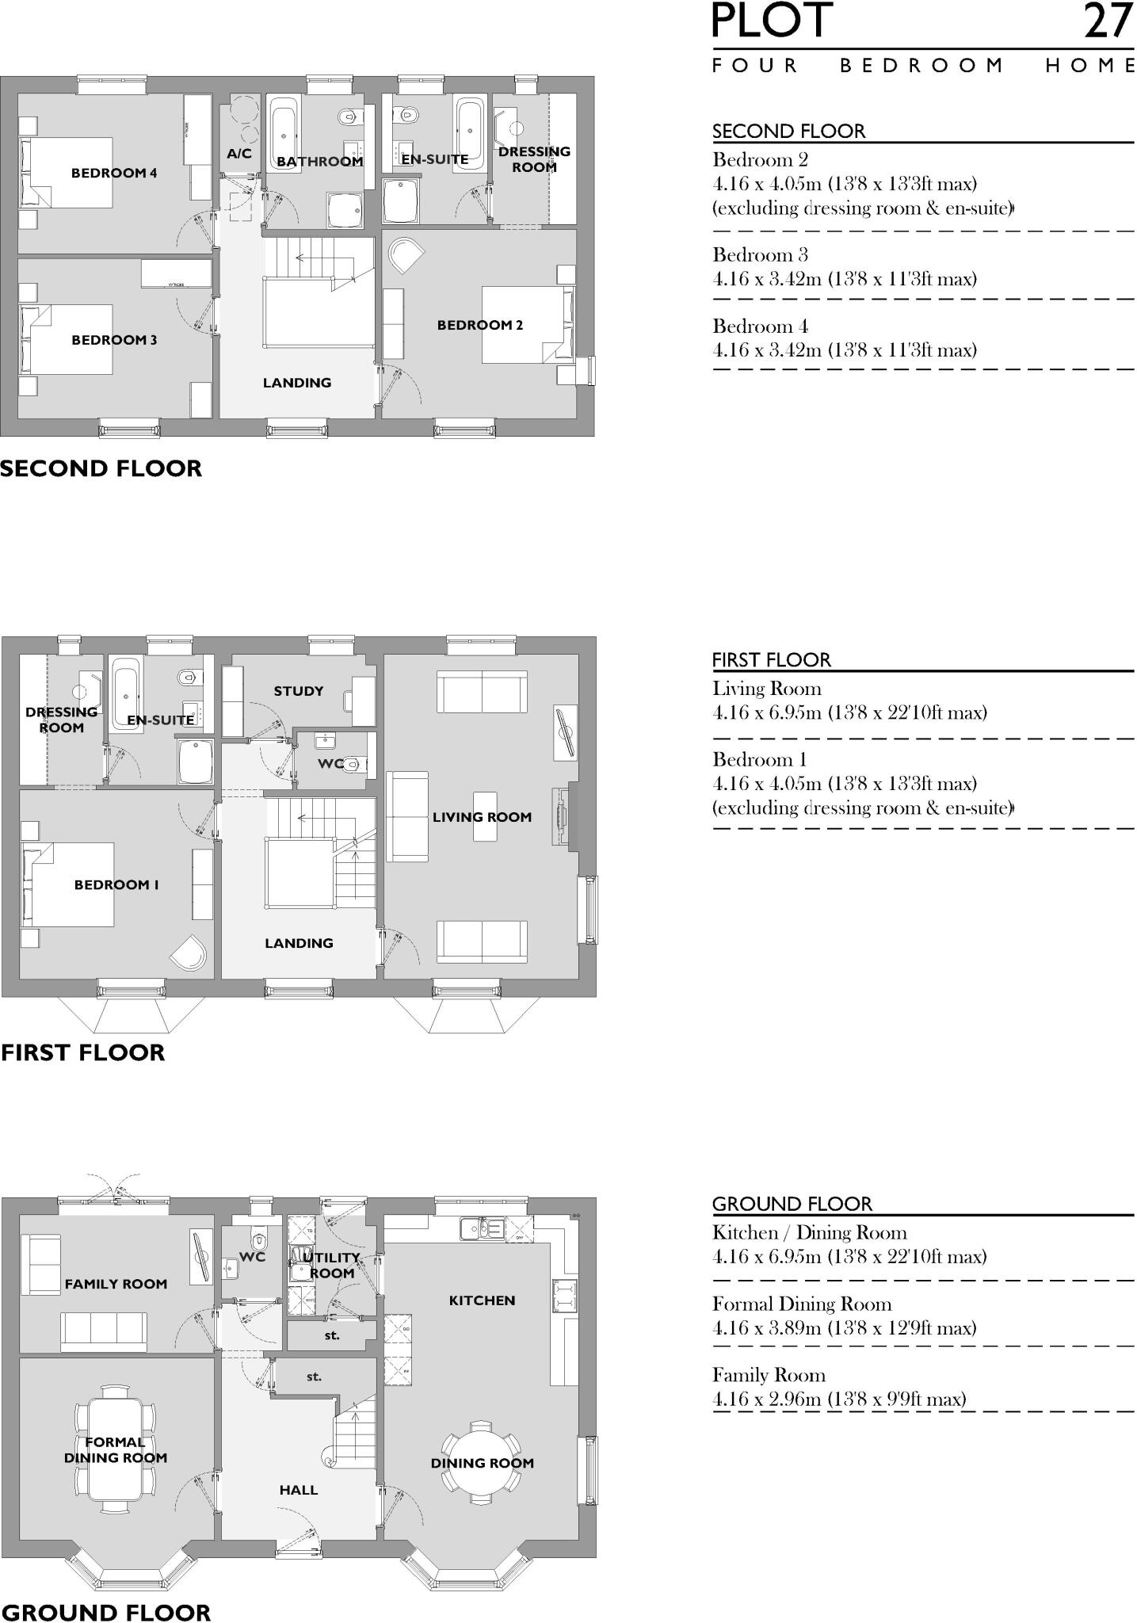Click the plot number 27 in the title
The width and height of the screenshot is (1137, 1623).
point(1108,21)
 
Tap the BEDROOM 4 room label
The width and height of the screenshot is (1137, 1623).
point(114,173)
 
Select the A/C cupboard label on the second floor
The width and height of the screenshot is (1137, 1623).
point(239,154)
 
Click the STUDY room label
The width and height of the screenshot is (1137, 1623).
point(299,691)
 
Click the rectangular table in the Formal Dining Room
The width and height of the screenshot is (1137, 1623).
point(116,1449)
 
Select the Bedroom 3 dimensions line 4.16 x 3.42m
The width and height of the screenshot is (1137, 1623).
point(845,279)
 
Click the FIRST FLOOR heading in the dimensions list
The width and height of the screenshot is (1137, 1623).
point(772,660)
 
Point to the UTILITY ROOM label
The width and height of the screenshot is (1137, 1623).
point(332,1266)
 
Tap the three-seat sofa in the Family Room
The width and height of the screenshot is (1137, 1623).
point(104,1331)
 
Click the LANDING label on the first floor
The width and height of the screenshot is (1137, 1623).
point(299,943)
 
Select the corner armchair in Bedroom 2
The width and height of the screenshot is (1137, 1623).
point(406,254)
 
